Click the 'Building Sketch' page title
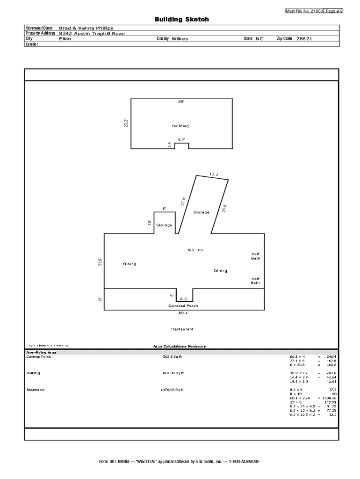(182, 20)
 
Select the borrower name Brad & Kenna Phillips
(86, 29)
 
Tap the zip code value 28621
(304, 39)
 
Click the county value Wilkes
(180, 39)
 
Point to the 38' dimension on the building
(181, 102)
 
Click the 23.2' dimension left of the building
(126, 123)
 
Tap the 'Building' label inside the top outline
(180, 126)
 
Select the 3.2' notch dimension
(181, 139)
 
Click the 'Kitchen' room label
(195, 250)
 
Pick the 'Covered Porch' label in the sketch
(183, 305)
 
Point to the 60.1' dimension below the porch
(184, 312)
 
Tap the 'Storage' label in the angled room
(202, 212)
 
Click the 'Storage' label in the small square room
(164, 225)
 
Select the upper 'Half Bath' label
(255, 256)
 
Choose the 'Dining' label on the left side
(130, 264)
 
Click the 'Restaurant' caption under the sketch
(182, 329)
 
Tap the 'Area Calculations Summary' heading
(180, 346)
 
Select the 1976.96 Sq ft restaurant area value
(173, 390)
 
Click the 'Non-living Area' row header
(42, 352)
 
